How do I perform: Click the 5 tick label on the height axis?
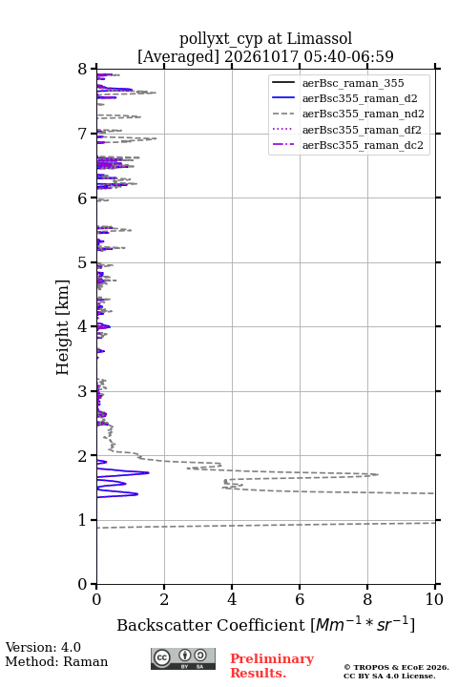[82, 263]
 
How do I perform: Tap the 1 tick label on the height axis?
[82, 520]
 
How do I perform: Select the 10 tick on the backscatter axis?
[435, 585]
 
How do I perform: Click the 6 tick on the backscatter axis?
[300, 585]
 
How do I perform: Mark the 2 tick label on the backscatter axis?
[164, 599]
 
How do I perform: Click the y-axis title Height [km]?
[63, 327]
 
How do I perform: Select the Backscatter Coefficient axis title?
[265, 625]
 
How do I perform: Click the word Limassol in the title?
[319, 38]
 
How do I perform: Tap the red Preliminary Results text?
[272, 666]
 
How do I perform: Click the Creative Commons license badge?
[183, 659]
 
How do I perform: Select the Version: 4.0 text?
[43, 647]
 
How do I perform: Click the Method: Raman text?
[56, 661]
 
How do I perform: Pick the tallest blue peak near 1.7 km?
[148, 472]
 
